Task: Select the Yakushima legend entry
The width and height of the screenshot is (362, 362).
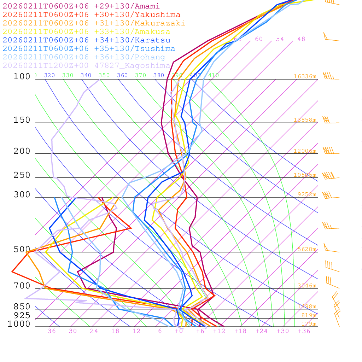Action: click(x=91, y=15)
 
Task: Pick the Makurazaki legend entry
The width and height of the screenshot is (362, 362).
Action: click(x=94, y=23)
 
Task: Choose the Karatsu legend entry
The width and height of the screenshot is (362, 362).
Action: click(x=86, y=40)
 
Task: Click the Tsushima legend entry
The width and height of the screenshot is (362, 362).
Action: click(x=89, y=49)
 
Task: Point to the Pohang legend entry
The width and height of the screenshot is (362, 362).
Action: click(x=84, y=57)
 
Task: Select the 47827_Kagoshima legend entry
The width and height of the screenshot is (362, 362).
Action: click(x=86, y=66)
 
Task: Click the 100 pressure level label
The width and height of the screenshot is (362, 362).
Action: click(x=22, y=76)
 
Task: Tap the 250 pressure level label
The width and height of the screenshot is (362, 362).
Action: click(x=22, y=175)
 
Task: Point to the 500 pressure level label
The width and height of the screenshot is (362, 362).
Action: click(x=22, y=250)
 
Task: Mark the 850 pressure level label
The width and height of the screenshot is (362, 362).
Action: click(x=22, y=306)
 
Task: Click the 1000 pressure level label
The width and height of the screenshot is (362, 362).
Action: click(x=19, y=324)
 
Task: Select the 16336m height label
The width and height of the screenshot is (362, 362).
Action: click(x=305, y=76)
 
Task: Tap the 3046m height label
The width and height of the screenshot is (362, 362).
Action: click(x=306, y=286)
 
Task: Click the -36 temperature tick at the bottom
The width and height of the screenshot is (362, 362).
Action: click(x=49, y=331)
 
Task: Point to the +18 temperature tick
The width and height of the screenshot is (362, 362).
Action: click(x=240, y=331)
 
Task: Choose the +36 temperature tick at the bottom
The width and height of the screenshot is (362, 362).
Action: click(x=304, y=331)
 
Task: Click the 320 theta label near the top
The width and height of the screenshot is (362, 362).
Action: click(x=49, y=75)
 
